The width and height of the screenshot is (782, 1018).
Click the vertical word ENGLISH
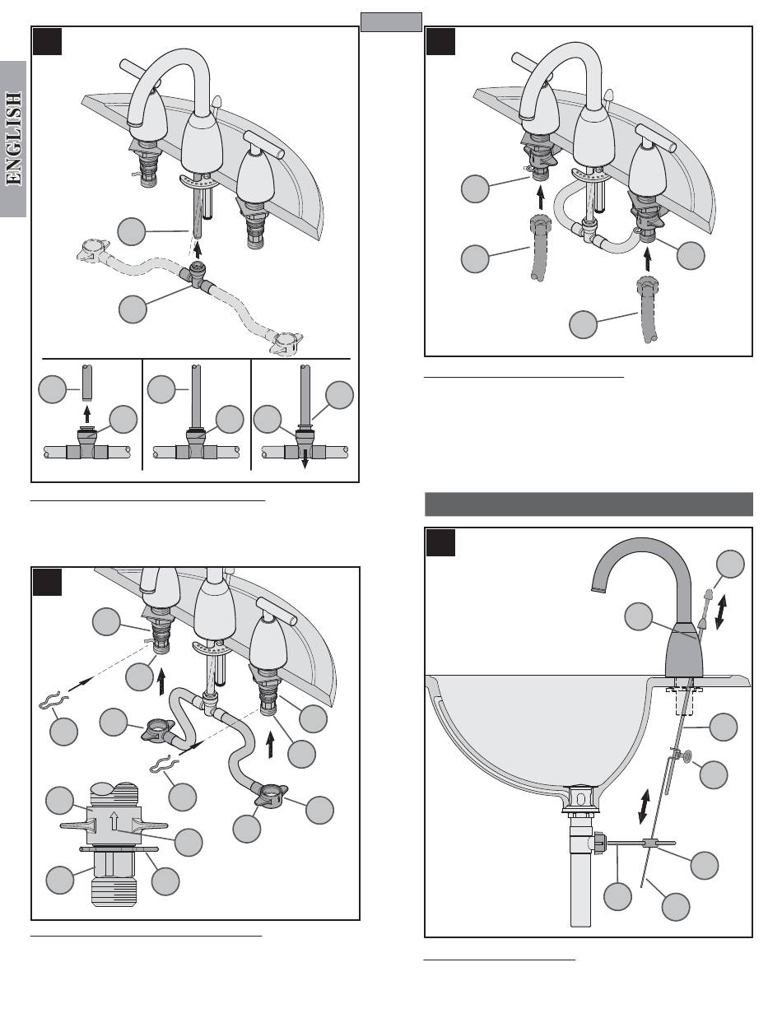pyautogui.click(x=13, y=139)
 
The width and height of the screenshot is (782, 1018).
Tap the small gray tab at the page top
pyautogui.click(x=391, y=22)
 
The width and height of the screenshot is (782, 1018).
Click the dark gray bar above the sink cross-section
pyautogui.click(x=589, y=504)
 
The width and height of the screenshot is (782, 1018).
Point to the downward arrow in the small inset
pyautogui.click(x=304, y=461)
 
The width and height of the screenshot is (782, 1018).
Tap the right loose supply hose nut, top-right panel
pyautogui.click(x=648, y=291)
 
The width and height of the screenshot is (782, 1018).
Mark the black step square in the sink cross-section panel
pyautogui.click(x=440, y=542)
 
